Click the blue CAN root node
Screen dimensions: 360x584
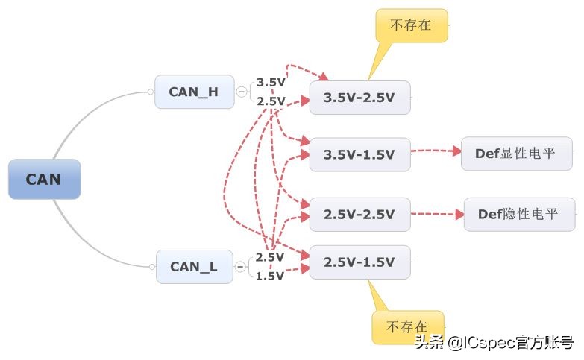click(44, 179)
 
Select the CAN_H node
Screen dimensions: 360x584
click(194, 92)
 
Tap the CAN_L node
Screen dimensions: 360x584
click(194, 266)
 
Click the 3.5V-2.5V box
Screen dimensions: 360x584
click(359, 98)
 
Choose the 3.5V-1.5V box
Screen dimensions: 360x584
click(359, 155)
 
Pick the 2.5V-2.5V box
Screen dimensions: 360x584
click(359, 214)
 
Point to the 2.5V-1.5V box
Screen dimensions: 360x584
click(359, 262)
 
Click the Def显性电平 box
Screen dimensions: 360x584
click(517, 154)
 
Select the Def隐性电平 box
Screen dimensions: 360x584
click(519, 214)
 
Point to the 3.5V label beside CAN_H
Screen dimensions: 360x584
click(271, 83)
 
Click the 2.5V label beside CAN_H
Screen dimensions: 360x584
click(271, 101)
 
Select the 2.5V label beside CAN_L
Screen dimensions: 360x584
click(270, 257)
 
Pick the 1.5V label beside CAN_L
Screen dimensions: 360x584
click(270, 276)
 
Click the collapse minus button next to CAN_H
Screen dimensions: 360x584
click(242, 92)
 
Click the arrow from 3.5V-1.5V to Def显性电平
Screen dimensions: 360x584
click(436, 151)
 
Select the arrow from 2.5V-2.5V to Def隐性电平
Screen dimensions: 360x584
click(437, 214)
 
